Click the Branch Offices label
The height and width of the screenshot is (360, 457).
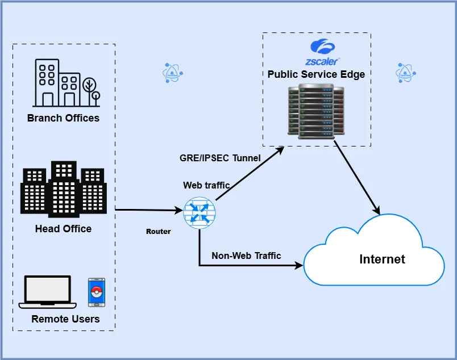[x=63, y=118]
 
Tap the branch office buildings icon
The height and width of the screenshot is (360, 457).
[x=57, y=83]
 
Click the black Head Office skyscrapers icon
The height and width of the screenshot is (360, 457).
[x=63, y=190]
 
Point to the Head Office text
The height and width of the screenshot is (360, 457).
[x=63, y=229]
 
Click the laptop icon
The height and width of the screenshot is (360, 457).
[x=48, y=292]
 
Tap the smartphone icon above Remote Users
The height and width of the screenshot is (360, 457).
[x=96, y=292]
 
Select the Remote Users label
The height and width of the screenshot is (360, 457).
[x=65, y=319]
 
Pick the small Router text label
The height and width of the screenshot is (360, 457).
[x=158, y=232]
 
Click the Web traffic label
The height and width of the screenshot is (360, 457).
[x=206, y=185]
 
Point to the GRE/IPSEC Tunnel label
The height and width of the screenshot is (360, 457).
[x=220, y=158]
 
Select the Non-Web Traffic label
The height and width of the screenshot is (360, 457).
[x=246, y=256]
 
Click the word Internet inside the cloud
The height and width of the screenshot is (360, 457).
[x=382, y=259]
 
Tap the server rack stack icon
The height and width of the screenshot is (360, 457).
[x=316, y=111]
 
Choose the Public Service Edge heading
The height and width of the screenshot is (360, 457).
[x=316, y=74]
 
